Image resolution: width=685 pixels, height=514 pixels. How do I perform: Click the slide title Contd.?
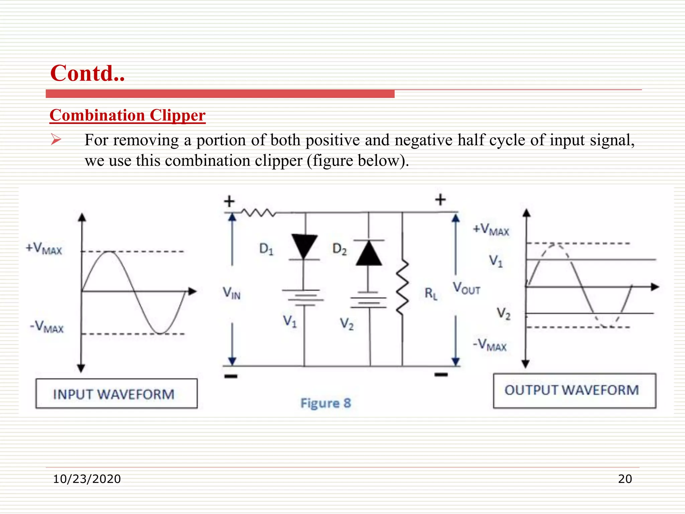[x=87, y=73]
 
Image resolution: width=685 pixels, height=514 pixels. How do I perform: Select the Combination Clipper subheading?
[x=127, y=115]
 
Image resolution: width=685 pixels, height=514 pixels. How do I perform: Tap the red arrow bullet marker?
[x=56, y=140]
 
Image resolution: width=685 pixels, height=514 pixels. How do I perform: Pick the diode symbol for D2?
[x=369, y=253]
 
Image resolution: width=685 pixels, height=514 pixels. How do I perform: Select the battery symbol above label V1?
[x=303, y=297]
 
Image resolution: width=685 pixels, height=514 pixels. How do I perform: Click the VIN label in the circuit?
[x=231, y=293]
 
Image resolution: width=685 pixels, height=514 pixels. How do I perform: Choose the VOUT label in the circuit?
[x=466, y=288]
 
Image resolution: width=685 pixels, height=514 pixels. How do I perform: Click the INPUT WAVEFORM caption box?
[x=116, y=394]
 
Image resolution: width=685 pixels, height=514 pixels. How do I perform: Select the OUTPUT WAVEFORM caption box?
[x=574, y=391]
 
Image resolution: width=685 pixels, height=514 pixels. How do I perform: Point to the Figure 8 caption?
[x=326, y=403]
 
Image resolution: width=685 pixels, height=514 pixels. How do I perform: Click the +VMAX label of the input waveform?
[x=44, y=249]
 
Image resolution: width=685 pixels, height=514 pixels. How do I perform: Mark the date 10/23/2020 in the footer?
[x=87, y=479]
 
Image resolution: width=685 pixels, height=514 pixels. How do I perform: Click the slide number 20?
[x=625, y=479]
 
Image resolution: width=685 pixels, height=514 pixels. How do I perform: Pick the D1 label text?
[x=266, y=249]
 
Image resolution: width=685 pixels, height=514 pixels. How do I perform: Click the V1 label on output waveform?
[x=496, y=260]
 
